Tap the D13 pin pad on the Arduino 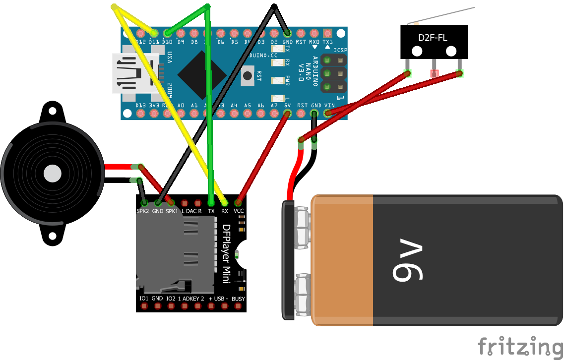[140, 113]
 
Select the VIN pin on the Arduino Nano [327, 113]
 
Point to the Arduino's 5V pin [287, 113]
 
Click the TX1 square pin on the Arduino [327, 33]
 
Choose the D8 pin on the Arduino [194, 33]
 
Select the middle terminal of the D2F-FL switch [435, 73]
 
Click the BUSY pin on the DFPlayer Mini [238, 306]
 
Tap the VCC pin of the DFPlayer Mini [239, 203]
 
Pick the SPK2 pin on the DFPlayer [144, 203]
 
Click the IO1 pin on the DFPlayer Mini [144, 306]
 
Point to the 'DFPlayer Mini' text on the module [226, 254]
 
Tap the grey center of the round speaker [52, 174]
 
